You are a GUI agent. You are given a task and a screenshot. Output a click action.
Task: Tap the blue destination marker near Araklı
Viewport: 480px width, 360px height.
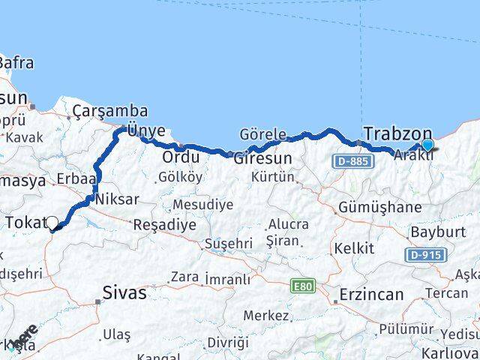click(427, 145)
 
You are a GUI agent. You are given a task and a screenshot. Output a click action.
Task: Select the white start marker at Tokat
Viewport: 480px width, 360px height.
click(52, 223)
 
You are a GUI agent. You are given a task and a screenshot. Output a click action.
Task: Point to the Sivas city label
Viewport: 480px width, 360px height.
click(124, 292)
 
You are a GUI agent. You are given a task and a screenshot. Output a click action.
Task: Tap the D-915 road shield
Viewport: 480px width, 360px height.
click(423, 255)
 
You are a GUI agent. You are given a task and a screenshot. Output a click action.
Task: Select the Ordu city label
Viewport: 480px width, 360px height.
click(181, 157)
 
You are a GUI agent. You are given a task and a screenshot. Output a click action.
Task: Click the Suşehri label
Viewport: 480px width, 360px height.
click(229, 244)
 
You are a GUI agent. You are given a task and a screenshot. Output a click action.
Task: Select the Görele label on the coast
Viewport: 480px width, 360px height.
click(262, 133)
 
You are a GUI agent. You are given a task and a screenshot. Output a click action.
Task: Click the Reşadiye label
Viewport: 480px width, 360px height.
click(164, 224)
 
